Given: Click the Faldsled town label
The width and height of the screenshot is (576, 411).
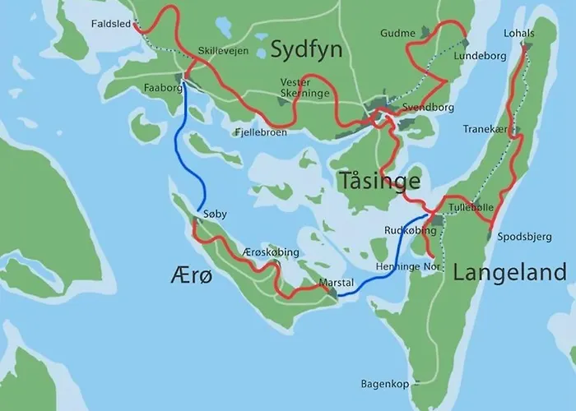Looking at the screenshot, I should pos(110,25).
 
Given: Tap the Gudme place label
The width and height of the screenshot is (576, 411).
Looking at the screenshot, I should pos(397,33).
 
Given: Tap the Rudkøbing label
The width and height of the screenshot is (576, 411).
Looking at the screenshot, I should pos(409,231).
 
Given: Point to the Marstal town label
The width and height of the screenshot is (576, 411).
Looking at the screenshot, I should pos(336,283).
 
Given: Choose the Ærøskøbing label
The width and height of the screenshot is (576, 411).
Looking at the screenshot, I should pos(271,252).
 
